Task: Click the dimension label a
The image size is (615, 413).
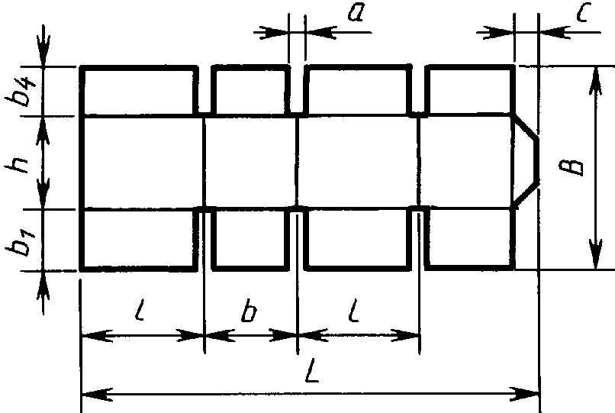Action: point(356,12)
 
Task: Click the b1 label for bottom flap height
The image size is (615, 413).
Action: point(19,241)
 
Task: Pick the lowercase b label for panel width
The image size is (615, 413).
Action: point(248,311)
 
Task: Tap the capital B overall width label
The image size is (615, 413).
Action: point(572,166)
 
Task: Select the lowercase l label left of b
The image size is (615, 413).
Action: point(140,310)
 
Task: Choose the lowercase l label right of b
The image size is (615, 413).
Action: point(354,311)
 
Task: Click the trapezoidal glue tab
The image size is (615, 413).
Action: point(526,160)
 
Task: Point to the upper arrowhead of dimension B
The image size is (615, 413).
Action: point(596,81)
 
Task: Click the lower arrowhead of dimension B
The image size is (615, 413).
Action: point(596,255)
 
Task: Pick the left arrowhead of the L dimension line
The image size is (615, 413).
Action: point(96,394)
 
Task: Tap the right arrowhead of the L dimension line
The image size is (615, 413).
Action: point(524,394)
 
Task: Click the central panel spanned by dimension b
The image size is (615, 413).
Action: point(251,161)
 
